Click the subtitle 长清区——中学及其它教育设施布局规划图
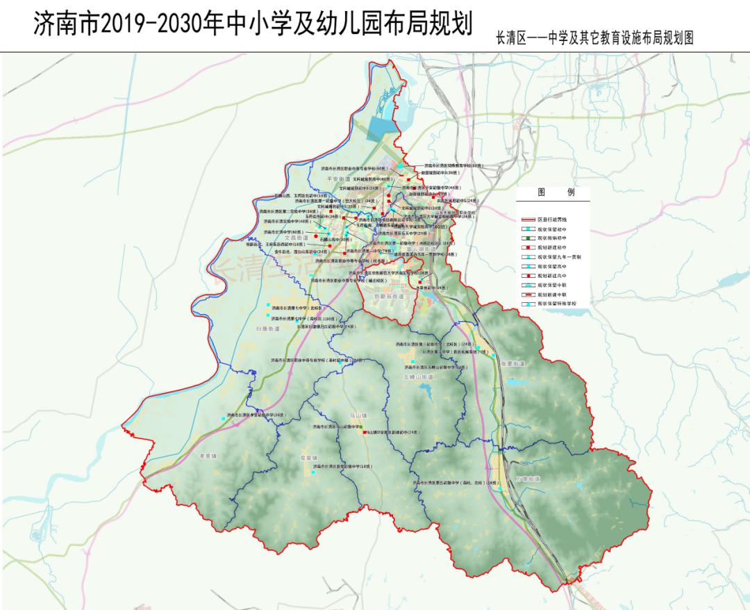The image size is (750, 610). [594, 38]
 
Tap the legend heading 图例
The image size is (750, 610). [556, 192]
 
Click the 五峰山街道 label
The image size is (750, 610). [417, 377]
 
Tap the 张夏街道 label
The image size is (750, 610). [511, 363]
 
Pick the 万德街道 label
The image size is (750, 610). [528, 479]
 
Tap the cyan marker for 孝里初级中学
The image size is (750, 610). [223, 418]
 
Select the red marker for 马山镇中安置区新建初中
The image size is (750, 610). [364, 432]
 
